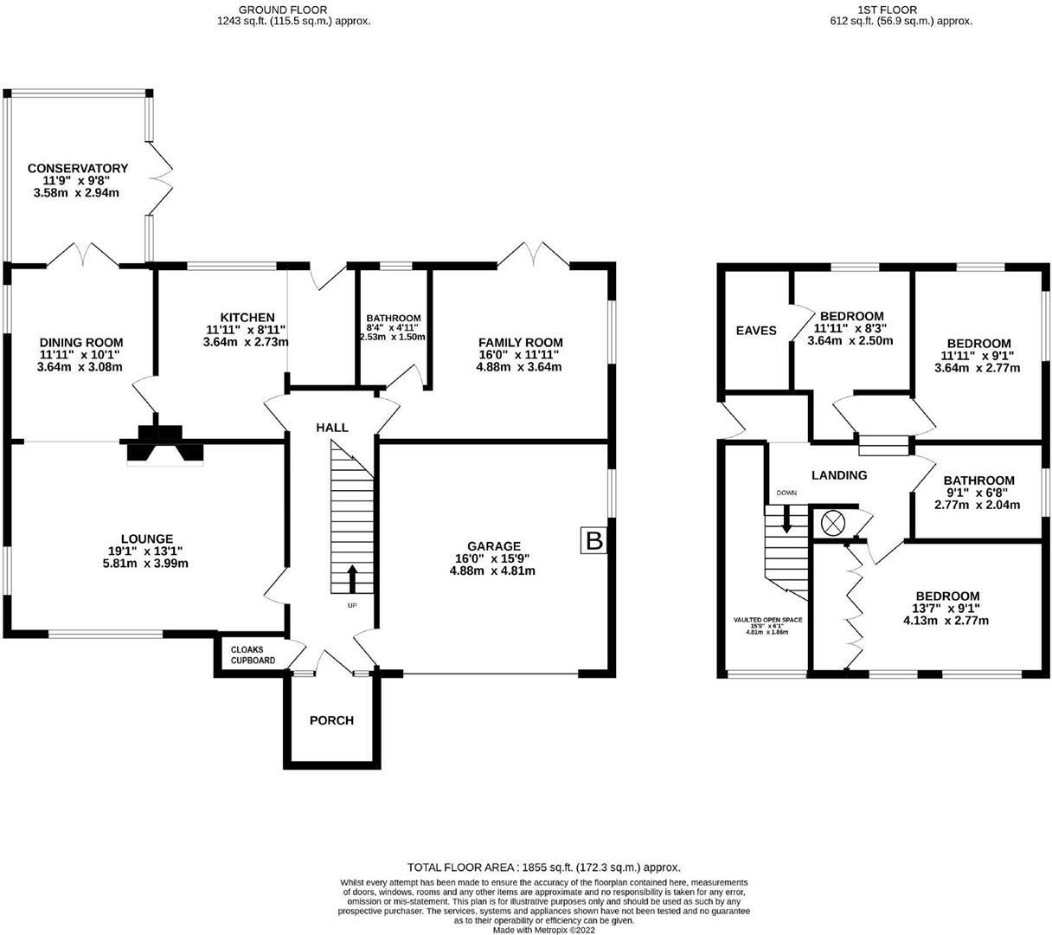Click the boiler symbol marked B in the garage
pos(594,541)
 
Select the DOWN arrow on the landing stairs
pos(786,519)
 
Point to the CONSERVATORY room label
pos(77,168)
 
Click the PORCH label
pos(331,720)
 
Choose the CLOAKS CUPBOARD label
pos(253,654)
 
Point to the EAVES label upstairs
pos(755,331)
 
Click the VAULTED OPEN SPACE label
pos(767,620)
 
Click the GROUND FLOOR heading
pos(293,9)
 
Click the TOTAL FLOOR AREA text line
pos(543,867)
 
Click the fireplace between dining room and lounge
pos(164,444)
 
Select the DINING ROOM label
pos(81,343)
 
